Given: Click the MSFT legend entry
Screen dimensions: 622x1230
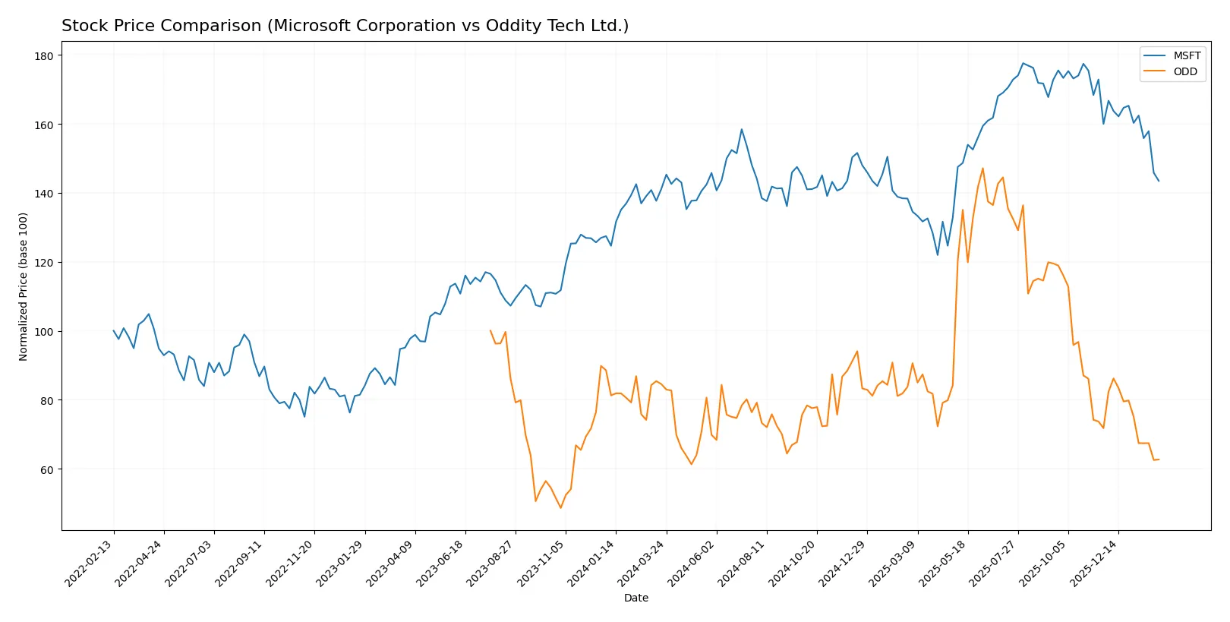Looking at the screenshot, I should (x=1186, y=55).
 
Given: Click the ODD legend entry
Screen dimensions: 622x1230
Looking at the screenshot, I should (x=1184, y=71).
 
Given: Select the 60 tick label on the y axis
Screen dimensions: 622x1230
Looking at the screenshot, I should (x=47, y=470).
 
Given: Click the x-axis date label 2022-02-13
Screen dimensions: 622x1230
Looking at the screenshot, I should (x=89, y=564).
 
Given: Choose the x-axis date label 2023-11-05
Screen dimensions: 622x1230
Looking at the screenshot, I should (x=541, y=564).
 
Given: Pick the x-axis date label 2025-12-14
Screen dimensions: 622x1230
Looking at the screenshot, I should (x=1093, y=564).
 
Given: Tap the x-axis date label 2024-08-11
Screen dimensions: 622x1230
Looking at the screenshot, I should (x=742, y=564).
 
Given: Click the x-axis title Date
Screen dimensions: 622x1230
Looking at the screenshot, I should (x=635, y=598).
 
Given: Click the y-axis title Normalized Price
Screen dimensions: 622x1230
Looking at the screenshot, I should (x=24, y=286).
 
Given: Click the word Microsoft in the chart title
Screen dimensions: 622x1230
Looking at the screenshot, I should (x=308, y=26).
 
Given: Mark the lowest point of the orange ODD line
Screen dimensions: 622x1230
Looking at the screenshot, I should (x=561, y=507).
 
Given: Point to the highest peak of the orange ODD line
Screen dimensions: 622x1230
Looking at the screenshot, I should (x=982, y=169).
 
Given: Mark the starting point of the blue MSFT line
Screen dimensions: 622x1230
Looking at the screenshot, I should (x=114, y=330).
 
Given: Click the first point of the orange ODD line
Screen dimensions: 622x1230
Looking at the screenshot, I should (x=490, y=330).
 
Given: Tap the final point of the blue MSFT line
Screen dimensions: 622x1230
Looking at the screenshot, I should (x=1159, y=181).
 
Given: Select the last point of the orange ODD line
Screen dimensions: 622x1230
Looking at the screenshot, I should (x=1159, y=459).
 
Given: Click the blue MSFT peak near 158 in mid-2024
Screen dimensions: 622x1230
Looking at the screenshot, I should (x=742, y=129).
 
